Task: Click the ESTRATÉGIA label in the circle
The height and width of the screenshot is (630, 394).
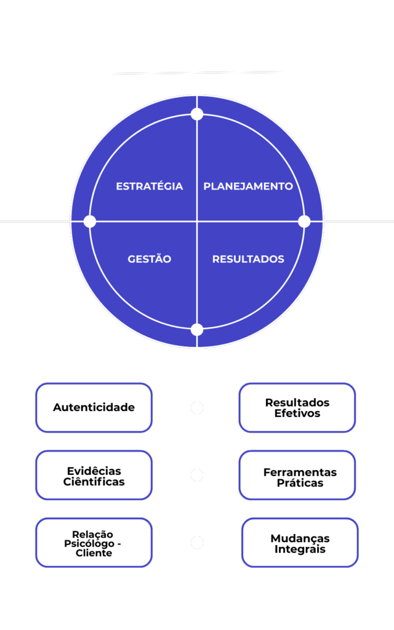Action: tap(150, 186)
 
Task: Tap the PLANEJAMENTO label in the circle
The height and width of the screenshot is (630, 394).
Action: tap(248, 186)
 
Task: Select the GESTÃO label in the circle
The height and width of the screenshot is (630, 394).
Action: tap(150, 259)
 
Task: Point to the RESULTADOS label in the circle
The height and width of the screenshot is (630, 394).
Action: tap(248, 259)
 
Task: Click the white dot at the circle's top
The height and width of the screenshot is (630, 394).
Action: tap(197, 114)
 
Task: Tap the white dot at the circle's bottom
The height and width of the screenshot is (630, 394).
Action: tap(197, 329)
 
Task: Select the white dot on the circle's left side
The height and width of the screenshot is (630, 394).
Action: tap(90, 221)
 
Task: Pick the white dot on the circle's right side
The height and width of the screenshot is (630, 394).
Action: tap(304, 221)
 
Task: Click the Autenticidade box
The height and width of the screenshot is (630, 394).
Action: tap(94, 407)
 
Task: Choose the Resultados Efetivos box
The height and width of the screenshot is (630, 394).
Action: tap(297, 407)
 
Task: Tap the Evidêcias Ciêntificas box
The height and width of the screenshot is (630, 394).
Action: tap(94, 476)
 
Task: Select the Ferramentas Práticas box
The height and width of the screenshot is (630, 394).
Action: tap(297, 476)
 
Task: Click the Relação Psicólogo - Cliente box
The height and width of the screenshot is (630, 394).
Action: tap(94, 543)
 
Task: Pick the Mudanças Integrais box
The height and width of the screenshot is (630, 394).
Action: tap(300, 543)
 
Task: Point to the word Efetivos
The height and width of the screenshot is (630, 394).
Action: tap(297, 413)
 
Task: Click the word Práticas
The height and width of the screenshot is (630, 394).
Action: tap(300, 483)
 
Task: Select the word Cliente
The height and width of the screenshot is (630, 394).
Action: tap(94, 553)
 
